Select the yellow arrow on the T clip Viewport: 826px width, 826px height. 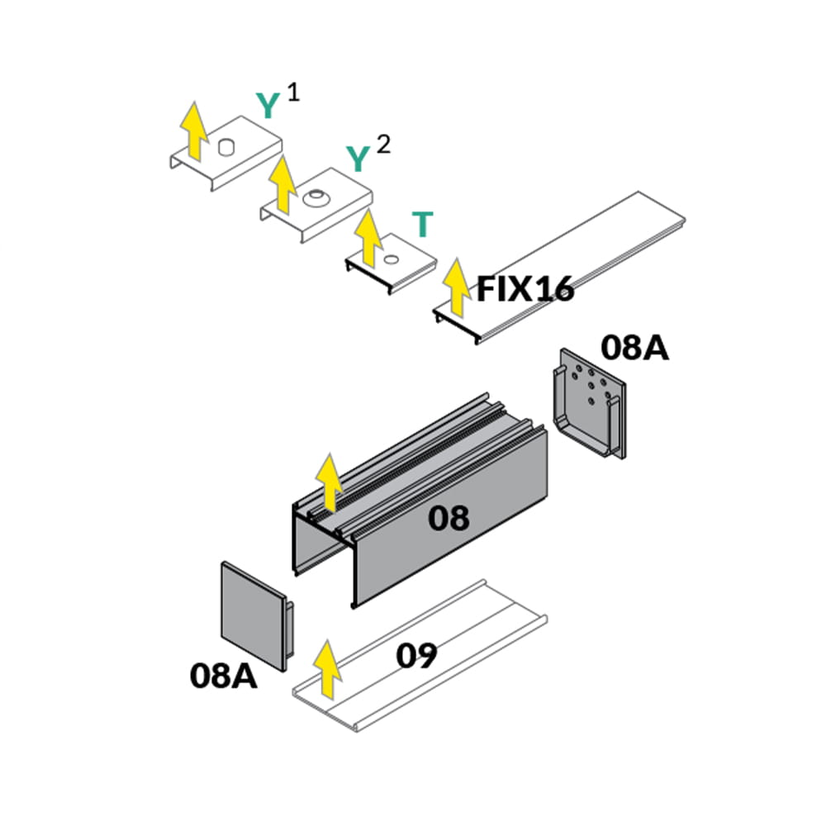(x=368, y=238)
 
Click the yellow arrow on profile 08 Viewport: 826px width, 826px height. (x=329, y=482)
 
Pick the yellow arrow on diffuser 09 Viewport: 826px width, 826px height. (x=329, y=668)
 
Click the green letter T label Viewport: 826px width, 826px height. (x=422, y=224)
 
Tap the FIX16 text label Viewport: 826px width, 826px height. (x=525, y=289)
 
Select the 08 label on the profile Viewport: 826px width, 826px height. (x=449, y=518)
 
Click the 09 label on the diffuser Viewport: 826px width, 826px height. (x=416, y=656)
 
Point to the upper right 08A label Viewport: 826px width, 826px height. (x=634, y=348)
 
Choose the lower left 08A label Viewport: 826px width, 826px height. (x=223, y=676)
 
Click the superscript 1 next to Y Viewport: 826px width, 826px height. (x=293, y=91)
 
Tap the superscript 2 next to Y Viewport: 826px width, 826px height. (x=382, y=145)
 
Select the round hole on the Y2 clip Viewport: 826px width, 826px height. (x=315, y=198)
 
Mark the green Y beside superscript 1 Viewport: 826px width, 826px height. (x=268, y=106)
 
